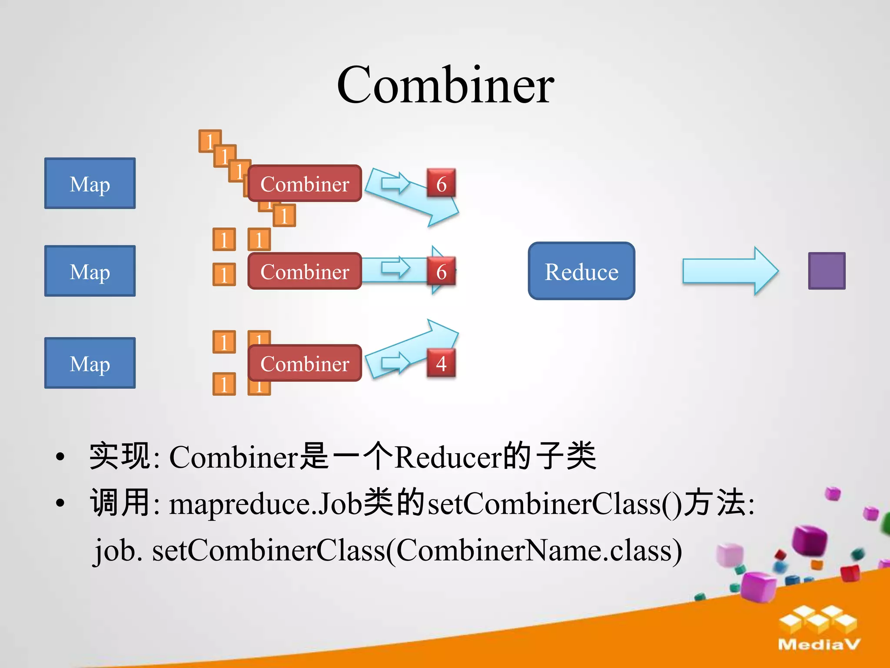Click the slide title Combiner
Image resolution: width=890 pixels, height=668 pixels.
tap(445, 85)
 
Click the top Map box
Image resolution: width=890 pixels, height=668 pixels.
tap(90, 184)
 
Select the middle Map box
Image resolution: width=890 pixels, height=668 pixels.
tap(90, 271)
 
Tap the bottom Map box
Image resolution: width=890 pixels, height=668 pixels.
tap(90, 363)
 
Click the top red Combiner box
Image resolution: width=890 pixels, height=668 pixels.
tap(305, 184)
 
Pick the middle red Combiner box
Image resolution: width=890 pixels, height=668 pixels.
tap(305, 271)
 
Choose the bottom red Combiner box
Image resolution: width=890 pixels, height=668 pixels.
tap(305, 363)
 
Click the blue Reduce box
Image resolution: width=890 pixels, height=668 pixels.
tap(581, 271)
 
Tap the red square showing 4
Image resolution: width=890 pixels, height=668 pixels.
tap(441, 363)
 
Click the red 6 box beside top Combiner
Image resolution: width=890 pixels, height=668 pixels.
tap(441, 184)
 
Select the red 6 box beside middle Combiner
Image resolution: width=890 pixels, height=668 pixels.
tap(441, 271)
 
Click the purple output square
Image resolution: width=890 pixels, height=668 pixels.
tap(827, 271)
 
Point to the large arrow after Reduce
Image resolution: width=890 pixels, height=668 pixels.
tap(730, 271)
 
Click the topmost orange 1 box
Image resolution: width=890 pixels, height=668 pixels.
tap(209, 141)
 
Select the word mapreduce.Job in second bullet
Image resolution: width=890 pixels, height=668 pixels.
tap(265, 504)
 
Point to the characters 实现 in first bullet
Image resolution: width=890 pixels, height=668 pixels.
tap(120, 457)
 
